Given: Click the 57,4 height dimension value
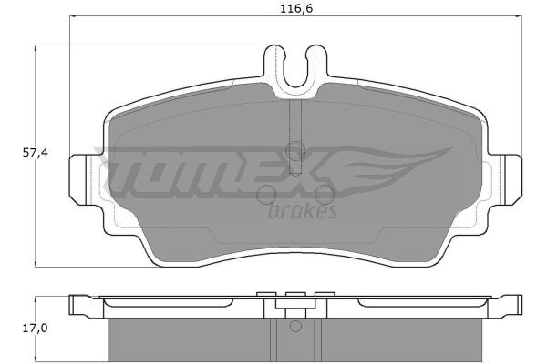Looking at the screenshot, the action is (x=35, y=153).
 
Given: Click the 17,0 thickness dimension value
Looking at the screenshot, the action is (x=35, y=329).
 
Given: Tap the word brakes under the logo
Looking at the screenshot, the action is (x=303, y=210).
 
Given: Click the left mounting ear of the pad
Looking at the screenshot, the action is (x=82, y=179).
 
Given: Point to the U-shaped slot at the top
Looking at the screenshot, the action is (x=295, y=71).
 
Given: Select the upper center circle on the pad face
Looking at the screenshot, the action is (x=295, y=151).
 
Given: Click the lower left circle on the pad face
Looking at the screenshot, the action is (x=266, y=194).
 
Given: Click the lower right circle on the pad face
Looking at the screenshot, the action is (x=325, y=194).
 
